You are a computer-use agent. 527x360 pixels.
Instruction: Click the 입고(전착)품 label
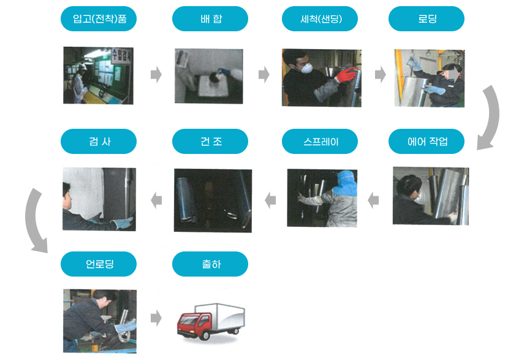point(99,19)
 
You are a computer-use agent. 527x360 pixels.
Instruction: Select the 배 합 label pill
point(210,19)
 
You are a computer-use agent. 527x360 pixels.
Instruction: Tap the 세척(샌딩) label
point(320,19)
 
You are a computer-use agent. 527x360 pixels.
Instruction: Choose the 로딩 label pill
point(427,19)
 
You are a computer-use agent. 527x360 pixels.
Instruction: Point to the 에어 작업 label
point(427,141)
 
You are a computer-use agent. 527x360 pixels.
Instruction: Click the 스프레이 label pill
point(320,141)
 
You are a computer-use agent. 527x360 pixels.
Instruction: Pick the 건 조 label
point(210,141)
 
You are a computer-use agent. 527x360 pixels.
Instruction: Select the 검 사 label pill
point(99,141)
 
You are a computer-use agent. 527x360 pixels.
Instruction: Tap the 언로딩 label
point(99,264)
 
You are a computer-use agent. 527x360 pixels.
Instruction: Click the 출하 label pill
point(210,264)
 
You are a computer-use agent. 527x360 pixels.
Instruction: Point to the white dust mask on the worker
point(306,68)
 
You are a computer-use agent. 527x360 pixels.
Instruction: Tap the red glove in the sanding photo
point(346,75)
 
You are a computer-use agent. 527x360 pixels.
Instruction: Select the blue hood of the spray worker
point(346,183)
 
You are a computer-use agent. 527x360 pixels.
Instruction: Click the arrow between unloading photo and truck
point(156,318)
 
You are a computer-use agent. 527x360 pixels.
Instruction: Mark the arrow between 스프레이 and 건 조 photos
point(270,201)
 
